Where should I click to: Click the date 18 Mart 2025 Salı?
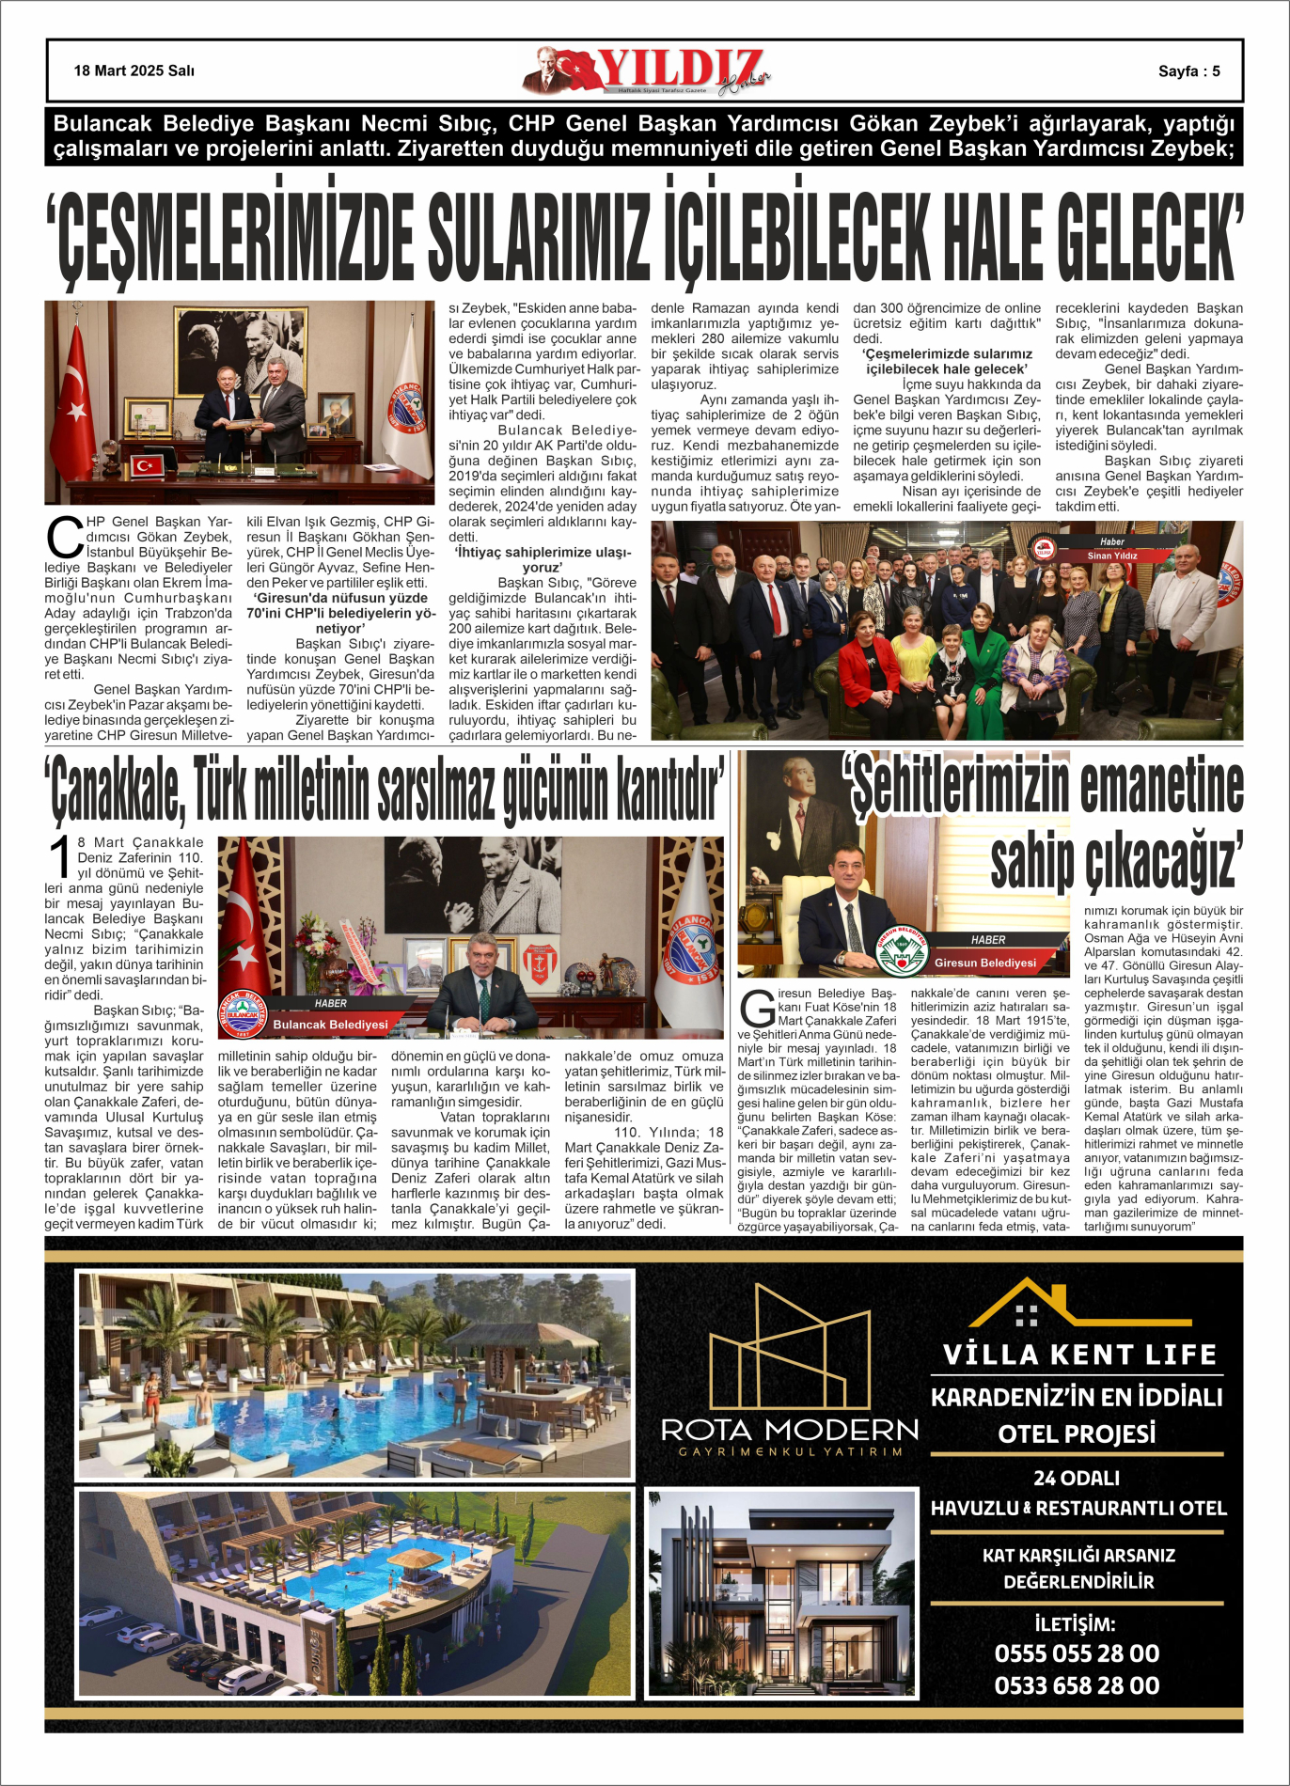point(134,70)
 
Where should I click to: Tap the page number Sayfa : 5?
point(1188,71)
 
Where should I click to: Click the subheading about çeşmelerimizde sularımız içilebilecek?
point(946,361)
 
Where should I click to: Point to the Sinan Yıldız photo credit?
point(1112,556)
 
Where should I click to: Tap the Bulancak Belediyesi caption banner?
point(330,1024)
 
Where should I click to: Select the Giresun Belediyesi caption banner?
point(984,963)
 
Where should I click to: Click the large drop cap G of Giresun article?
point(756,1009)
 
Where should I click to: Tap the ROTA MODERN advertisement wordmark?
point(789,1431)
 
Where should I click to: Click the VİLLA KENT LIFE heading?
point(1079,1355)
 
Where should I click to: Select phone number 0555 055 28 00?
point(1077,1653)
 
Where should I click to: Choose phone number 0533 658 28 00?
point(1077,1685)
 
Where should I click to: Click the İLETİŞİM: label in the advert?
point(1075,1623)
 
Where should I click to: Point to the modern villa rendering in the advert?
point(781,1591)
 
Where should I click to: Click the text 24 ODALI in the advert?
point(1077,1478)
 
